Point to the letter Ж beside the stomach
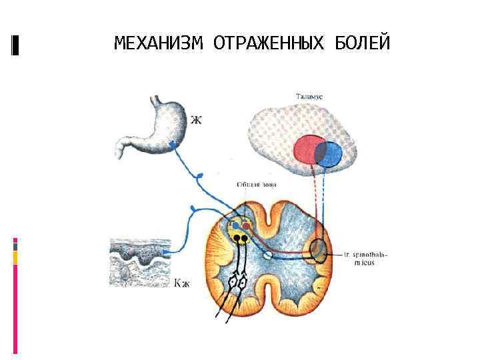196,121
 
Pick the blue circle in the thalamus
331,154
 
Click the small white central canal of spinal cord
267,255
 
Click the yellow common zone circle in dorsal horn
239,229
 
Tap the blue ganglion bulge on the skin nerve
193,209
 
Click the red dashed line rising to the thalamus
314,200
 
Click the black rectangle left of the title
15,45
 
